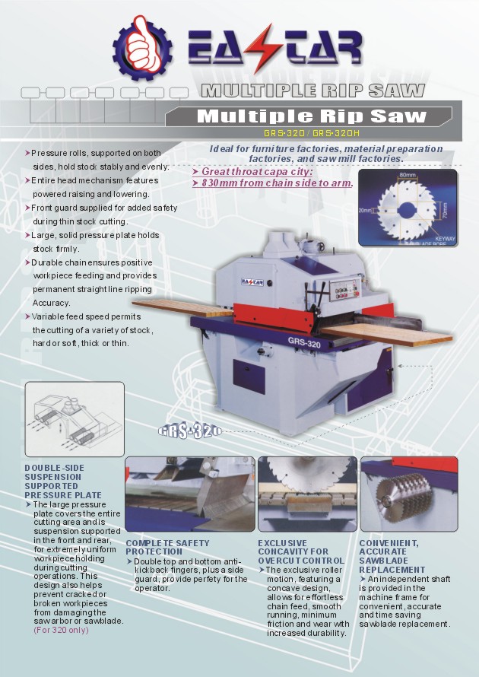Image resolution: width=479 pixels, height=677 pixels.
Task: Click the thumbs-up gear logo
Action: [143, 47]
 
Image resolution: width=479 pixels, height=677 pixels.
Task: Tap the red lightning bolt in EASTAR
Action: [263, 49]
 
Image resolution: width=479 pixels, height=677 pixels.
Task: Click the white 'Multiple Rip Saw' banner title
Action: [312, 116]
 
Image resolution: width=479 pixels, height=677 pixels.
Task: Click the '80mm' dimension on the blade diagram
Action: [407, 176]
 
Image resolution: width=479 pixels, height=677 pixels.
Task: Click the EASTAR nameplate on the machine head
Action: [254, 281]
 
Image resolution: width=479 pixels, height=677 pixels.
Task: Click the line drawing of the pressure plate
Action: [74, 419]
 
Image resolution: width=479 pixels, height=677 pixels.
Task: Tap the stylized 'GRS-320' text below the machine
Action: [189, 431]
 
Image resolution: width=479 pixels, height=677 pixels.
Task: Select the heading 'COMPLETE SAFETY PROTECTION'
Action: [167, 547]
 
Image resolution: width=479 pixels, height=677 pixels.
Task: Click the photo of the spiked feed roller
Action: [408, 494]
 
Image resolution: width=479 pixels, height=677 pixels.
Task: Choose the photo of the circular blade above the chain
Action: [306, 494]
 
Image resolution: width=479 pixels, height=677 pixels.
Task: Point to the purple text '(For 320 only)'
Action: [61, 629]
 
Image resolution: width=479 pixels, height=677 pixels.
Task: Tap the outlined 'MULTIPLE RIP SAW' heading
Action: [312, 91]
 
